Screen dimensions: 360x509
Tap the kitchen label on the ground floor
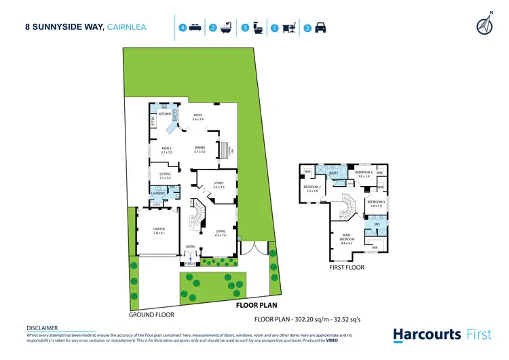(164, 114)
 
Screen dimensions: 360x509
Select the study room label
(218, 183)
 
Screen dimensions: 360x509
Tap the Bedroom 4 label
(376, 202)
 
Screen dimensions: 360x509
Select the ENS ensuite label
(377, 223)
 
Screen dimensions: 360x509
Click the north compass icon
(485, 25)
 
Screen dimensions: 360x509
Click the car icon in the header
(320, 29)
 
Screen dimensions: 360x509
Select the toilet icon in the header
(258, 29)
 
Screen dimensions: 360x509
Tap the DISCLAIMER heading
(42, 327)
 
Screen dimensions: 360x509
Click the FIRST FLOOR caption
(346, 268)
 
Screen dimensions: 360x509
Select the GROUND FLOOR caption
(151, 314)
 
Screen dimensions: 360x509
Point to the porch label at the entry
(187, 263)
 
